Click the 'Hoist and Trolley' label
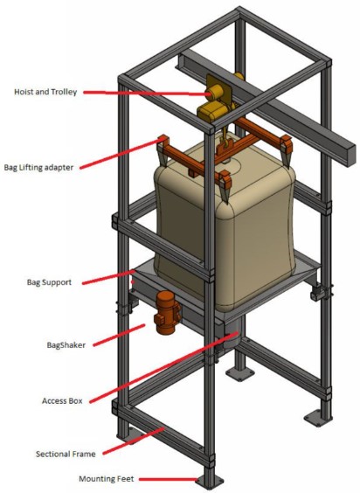click(51, 91)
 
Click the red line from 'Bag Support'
click(114, 277)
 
